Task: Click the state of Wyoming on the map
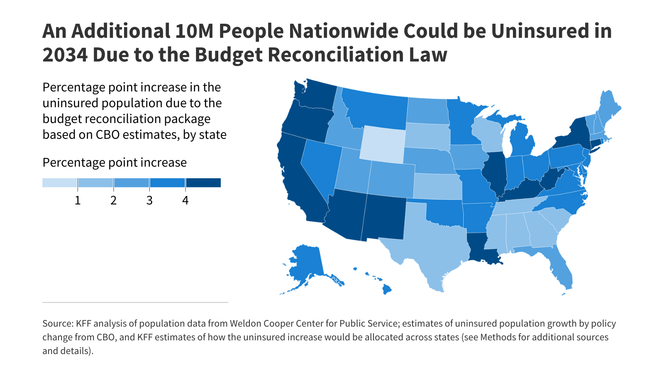382,144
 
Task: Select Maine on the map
608,108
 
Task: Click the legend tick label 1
78,200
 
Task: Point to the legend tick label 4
185,200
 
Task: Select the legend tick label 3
149,200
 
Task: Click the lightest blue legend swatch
60,183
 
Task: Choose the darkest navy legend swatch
203,183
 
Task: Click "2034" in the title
64,55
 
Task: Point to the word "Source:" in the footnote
58,324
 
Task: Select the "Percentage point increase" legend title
115,162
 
